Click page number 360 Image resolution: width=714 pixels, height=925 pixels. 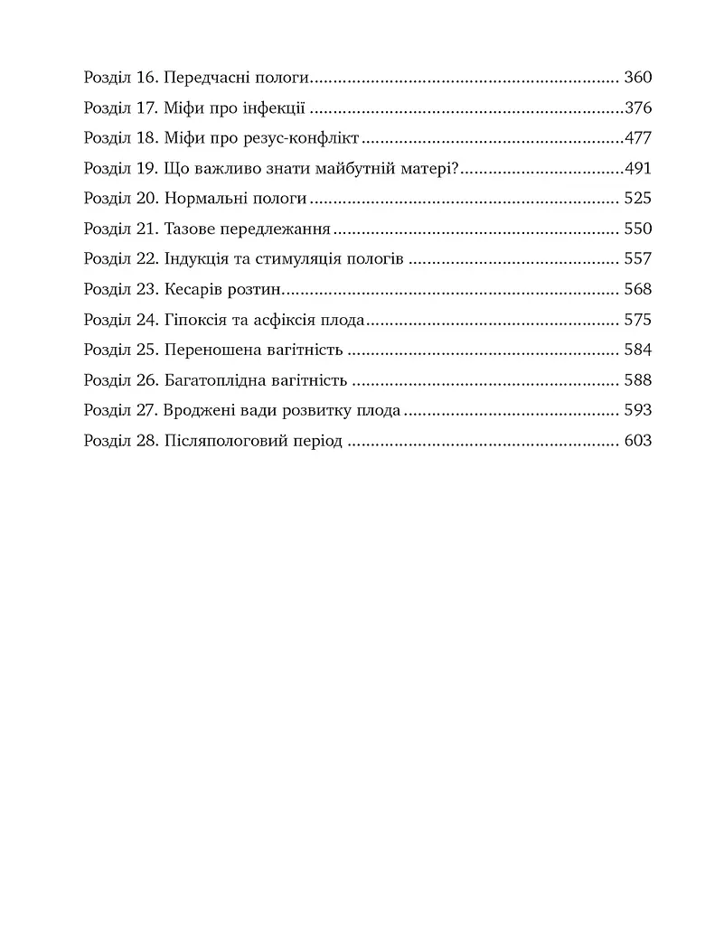(637, 78)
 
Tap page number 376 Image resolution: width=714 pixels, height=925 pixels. (637, 108)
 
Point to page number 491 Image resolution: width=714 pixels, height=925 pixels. (637, 169)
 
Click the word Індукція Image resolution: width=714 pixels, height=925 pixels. (198, 260)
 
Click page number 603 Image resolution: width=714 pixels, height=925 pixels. (637, 442)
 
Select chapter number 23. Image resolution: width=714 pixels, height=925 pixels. (146, 290)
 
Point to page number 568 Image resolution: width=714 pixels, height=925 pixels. (637, 290)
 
